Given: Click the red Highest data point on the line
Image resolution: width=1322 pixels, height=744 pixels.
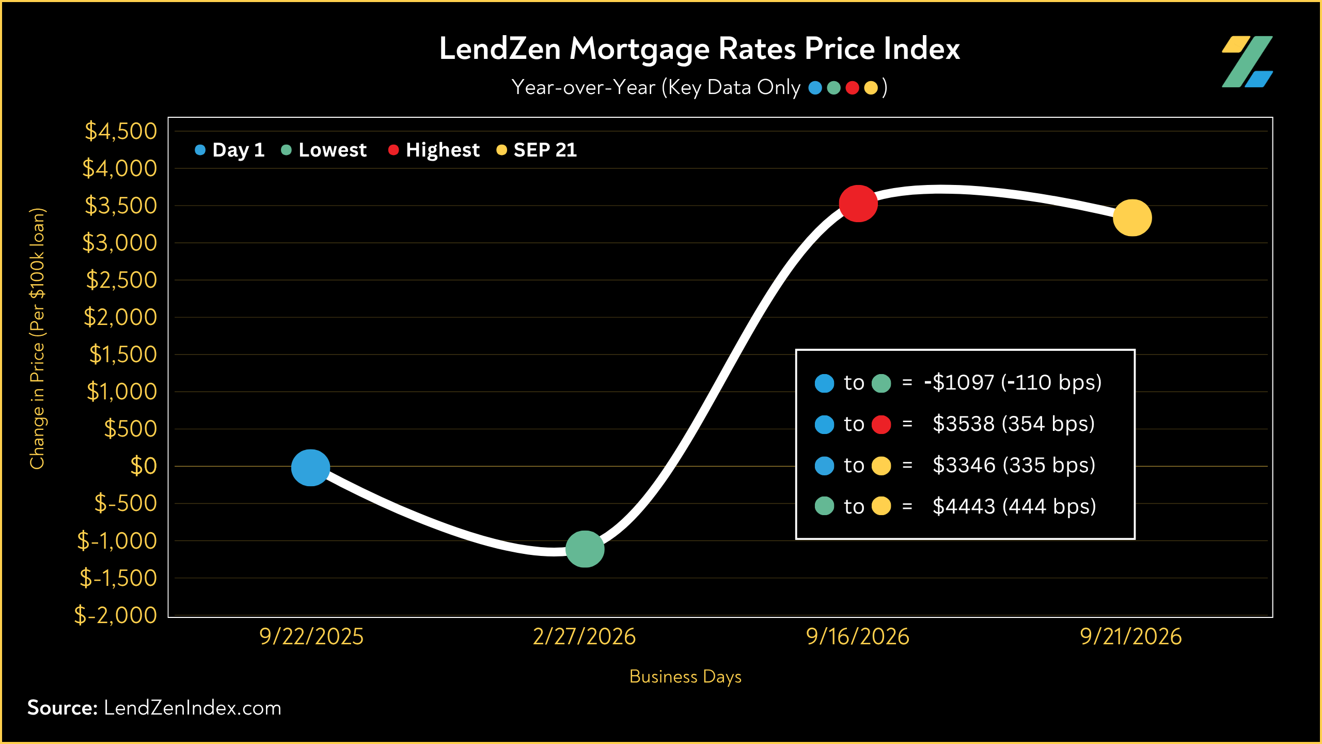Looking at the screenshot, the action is (x=858, y=204).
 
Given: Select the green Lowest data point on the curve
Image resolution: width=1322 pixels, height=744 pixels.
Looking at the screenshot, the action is (x=585, y=549).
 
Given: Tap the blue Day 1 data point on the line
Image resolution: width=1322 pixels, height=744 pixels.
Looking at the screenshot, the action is (x=310, y=468).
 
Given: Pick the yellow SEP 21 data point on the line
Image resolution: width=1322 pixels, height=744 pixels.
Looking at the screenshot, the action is (x=1132, y=218).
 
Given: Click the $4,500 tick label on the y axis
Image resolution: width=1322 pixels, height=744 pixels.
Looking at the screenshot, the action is (x=121, y=131).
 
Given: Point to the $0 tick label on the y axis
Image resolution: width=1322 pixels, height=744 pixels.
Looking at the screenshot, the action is (x=144, y=466).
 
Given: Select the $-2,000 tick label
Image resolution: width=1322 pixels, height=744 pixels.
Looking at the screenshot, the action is (x=116, y=615).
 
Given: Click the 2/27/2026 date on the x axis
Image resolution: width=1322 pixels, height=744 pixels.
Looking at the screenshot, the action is (x=585, y=637).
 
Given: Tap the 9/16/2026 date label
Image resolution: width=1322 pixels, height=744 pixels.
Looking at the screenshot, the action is (x=858, y=637).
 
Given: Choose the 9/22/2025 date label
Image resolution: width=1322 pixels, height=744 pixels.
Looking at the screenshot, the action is (x=311, y=637).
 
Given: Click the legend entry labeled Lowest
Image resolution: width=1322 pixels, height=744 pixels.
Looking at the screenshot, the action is (x=324, y=150).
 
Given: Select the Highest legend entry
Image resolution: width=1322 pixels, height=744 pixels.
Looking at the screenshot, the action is (x=434, y=150).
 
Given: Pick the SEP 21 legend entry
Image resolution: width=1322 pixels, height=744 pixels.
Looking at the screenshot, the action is (x=537, y=150).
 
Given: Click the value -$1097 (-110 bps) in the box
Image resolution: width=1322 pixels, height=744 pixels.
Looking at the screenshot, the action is (x=1013, y=383).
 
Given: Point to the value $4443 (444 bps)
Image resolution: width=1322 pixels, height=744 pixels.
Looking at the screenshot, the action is (x=1014, y=506).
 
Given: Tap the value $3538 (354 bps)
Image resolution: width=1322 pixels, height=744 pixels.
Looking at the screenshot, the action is (x=1014, y=424).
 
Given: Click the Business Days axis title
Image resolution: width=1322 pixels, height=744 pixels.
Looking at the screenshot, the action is (x=685, y=677).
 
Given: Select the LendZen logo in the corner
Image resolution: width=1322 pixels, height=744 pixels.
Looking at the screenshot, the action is (x=1247, y=61).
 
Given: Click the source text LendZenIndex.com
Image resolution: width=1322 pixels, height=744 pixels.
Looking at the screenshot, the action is (x=193, y=708).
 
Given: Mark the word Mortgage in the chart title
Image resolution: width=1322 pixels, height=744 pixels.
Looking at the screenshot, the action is (x=639, y=50).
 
